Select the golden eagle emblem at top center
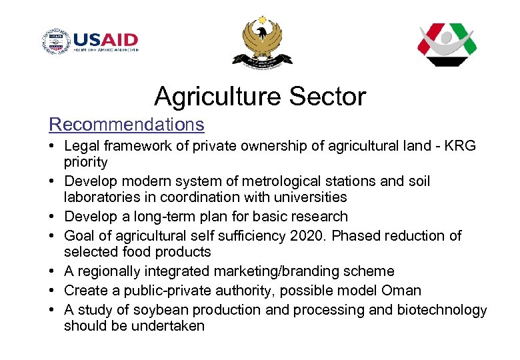(x=261, y=41)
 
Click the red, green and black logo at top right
(x=447, y=44)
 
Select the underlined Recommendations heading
(x=127, y=125)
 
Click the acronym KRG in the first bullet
(x=461, y=146)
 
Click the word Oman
(x=401, y=291)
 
